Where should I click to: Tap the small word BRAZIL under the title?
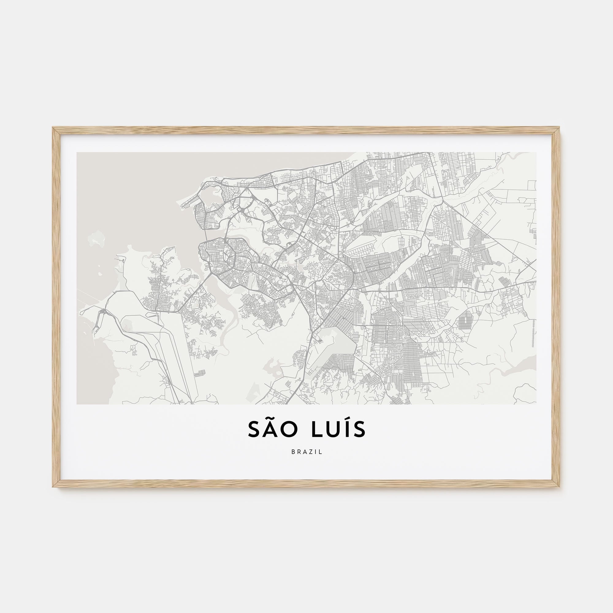[x=306, y=452]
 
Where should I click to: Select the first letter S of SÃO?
[x=254, y=429]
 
